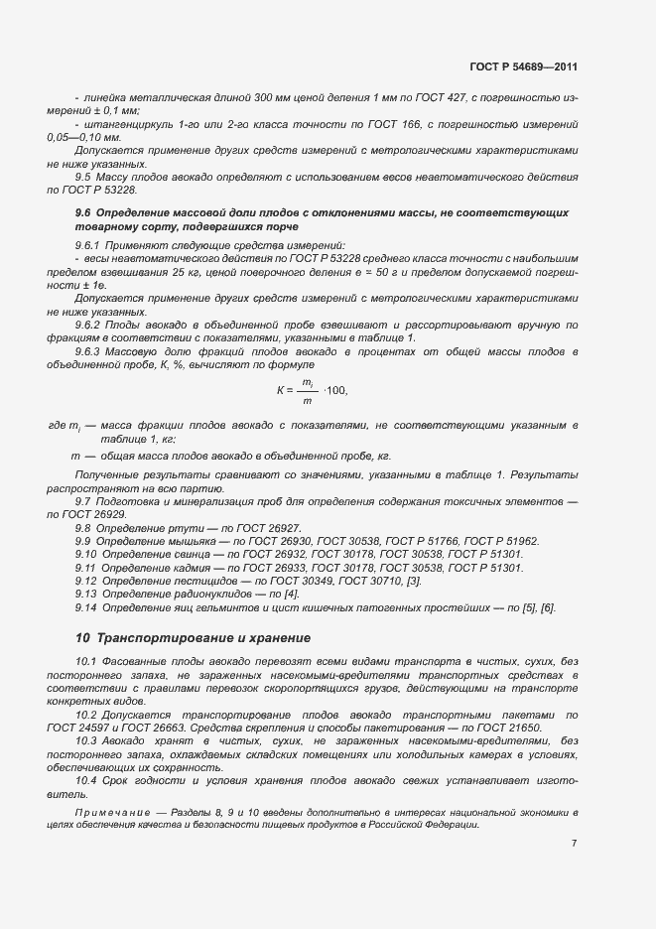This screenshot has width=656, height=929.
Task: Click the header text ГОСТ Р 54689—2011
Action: coord(523,66)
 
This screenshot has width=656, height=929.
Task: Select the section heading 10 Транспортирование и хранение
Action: coord(194,637)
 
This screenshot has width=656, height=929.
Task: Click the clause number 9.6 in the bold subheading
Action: coord(83,213)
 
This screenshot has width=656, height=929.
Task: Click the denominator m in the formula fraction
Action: coord(308,400)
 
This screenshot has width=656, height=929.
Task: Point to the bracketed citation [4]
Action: coord(263,593)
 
